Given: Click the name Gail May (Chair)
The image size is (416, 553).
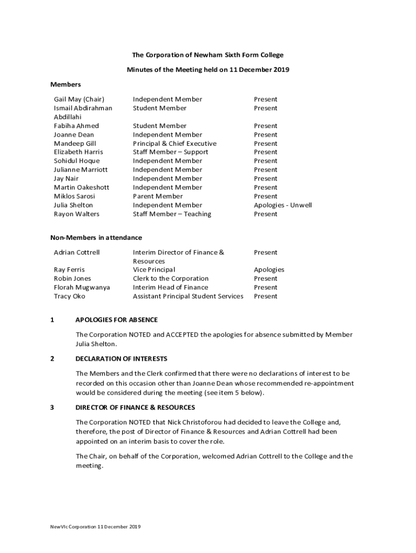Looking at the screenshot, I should click(x=79, y=99).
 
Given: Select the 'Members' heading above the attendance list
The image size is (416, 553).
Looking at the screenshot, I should click(x=65, y=84).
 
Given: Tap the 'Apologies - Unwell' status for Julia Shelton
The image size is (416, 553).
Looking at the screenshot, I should click(x=283, y=205).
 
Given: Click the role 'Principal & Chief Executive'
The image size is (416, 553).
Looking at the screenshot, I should click(x=175, y=144).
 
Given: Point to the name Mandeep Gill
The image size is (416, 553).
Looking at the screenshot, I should click(x=75, y=144).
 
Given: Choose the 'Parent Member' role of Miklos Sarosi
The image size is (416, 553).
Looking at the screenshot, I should click(x=158, y=196).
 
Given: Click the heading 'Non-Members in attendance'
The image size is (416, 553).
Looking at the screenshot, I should click(x=96, y=238).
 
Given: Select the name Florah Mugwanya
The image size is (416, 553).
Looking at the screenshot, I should click(x=82, y=287).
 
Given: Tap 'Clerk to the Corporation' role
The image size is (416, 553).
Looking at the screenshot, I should click(x=171, y=279).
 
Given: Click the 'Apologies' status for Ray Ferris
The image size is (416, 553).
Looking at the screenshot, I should click(x=269, y=269).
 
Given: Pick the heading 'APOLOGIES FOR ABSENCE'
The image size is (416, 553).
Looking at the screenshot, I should click(x=117, y=320).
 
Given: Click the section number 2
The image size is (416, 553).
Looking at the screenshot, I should click(x=52, y=359).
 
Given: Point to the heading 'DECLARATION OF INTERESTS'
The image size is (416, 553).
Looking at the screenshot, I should click(x=122, y=359).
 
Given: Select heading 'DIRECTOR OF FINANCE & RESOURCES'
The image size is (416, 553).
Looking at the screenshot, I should click(x=135, y=407).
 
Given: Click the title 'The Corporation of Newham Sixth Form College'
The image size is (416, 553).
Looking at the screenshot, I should click(x=208, y=55).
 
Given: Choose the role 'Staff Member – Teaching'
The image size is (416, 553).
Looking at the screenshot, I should click(x=172, y=214).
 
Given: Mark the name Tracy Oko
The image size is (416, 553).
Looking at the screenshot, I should click(x=70, y=296).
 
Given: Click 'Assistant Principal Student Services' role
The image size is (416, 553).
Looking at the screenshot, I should click(x=188, y=296).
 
